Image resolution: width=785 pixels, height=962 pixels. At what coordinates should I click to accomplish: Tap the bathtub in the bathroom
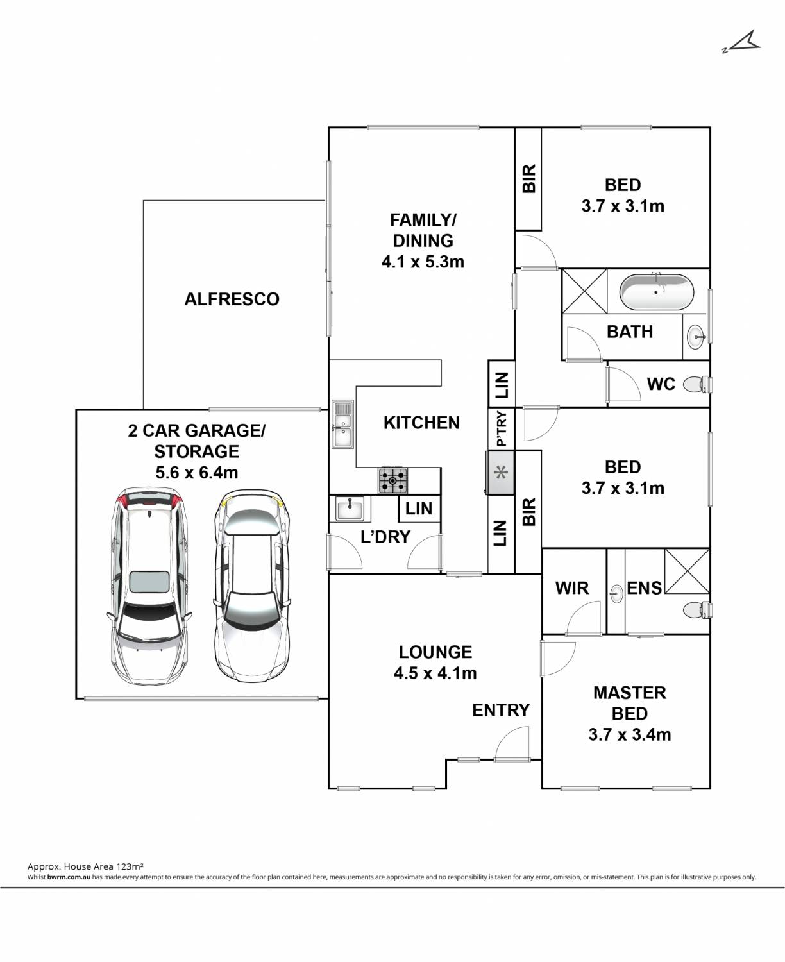(x=656, y=292)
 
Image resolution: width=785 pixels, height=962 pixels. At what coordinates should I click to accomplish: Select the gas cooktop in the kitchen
(x=393, y=480)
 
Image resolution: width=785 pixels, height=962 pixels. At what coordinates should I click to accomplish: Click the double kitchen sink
(x=342, y=424)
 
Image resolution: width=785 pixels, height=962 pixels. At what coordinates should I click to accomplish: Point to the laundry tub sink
(x=350, y=509)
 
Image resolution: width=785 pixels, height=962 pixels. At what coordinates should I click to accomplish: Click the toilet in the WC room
(x=696, y=384)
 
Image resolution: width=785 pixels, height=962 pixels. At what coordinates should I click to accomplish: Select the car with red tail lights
(x=149, y=587)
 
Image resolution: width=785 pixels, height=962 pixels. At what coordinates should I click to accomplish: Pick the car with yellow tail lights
(x=252, y=587)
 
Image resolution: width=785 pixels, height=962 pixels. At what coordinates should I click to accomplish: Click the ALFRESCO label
(x=232, y=300)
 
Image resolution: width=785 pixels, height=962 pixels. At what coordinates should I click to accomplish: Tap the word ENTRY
(x=501, y=710)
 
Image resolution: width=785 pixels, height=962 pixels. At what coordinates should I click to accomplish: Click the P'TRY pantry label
(x=501, y=428)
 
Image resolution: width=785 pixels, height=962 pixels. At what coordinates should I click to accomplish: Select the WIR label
(x=572, y=588)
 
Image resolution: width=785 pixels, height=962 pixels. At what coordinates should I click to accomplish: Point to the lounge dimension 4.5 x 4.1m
(x=435, y=673)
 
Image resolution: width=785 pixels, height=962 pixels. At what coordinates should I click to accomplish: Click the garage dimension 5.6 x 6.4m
(x=197, y=472)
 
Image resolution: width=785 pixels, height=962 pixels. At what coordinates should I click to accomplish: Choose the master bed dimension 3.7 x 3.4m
(x=629, y=734)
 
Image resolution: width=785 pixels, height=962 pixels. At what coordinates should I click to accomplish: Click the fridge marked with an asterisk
(x=500, y=473)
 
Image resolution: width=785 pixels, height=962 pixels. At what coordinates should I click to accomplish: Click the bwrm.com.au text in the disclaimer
(x=69, y=877)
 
